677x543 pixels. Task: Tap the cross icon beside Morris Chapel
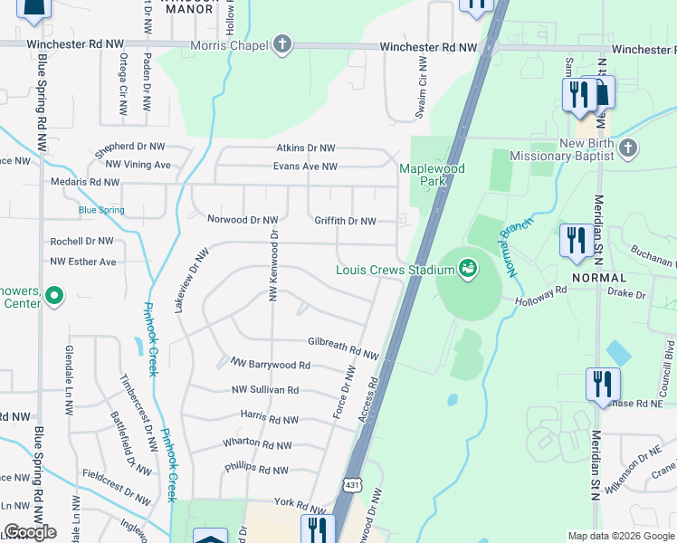pos(282,44)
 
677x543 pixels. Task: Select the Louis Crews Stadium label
pos(394,270)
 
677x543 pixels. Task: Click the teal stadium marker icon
pos(467,268)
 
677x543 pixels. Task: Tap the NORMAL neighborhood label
pos(598,277)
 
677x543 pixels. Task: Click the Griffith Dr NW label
pos(345,220)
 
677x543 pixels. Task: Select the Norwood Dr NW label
pos(243,219)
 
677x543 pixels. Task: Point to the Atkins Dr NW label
pos(306,148)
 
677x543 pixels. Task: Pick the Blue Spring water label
pos(101,210)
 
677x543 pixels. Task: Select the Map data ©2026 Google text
pos(620,536)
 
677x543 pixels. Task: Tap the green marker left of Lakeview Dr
pos(53,295)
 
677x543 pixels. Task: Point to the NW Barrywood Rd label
pos(271,365)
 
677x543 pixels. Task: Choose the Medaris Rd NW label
pos(85,182)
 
